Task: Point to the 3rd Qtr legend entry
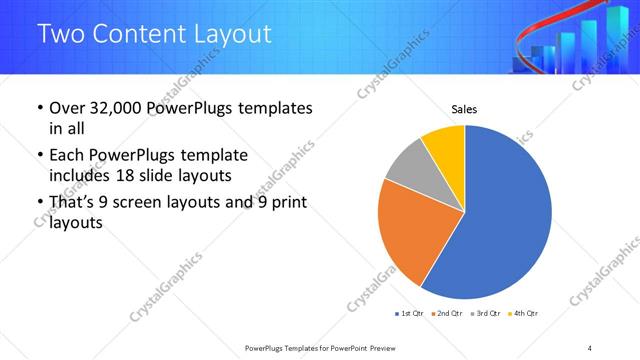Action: (x=485, y=314)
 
